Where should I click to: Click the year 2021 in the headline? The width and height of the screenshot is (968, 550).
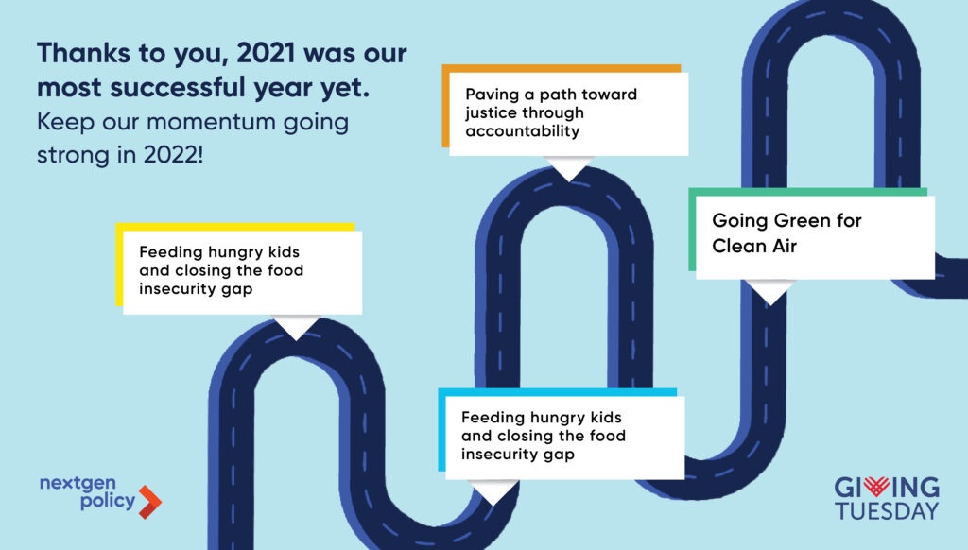266,54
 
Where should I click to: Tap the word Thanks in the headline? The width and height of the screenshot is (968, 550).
83,54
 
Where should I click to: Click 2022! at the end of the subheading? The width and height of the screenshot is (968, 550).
173,154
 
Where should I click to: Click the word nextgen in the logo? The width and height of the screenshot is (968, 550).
78,483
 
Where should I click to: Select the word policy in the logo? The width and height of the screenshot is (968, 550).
108,501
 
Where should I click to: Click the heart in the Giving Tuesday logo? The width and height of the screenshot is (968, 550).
876,487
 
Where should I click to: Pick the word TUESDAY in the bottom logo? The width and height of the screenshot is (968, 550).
887,511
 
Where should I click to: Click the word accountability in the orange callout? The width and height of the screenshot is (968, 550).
522,131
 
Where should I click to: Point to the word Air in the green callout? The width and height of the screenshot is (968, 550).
785,246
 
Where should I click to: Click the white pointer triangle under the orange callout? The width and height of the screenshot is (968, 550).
568,166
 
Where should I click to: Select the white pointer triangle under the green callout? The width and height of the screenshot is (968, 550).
769,290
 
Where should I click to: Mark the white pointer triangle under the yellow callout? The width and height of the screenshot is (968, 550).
296,326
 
